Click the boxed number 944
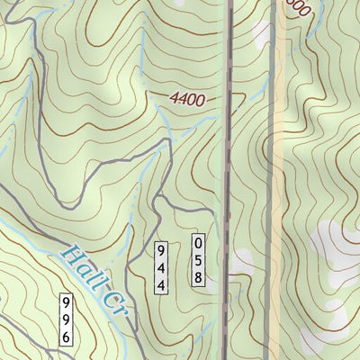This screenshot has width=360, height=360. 161,266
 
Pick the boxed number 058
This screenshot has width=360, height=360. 198,258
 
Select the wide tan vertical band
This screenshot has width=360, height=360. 280,180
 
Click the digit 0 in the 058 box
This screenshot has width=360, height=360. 198,241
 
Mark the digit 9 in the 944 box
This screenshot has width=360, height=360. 161,249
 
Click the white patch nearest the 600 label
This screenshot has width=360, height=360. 262,34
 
